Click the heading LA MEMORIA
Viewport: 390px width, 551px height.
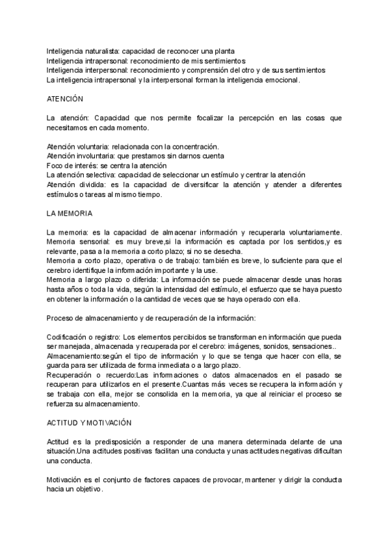pyautogui.click(x=70, y=212)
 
